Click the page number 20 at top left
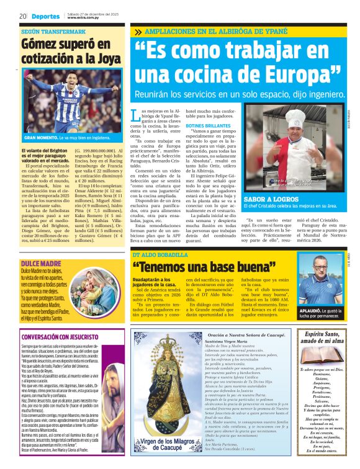pyautogui.click(x=22, y=16)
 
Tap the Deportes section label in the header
pyautogui.click(x=45, y=16)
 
